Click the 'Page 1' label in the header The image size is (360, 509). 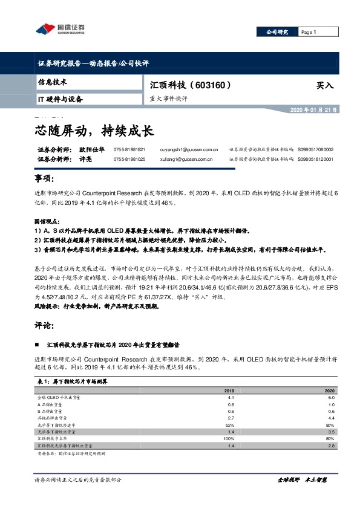pos(309,32)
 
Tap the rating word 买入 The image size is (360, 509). pos(325,86)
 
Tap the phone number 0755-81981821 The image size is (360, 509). pos(129,149)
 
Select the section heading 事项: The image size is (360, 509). pos(45,180)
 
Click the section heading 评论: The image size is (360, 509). pos(45,325)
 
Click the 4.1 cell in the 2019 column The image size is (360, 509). pos(231,398)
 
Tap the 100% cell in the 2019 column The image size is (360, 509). pos(229,439)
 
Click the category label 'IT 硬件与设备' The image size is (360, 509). pos(60,99)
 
